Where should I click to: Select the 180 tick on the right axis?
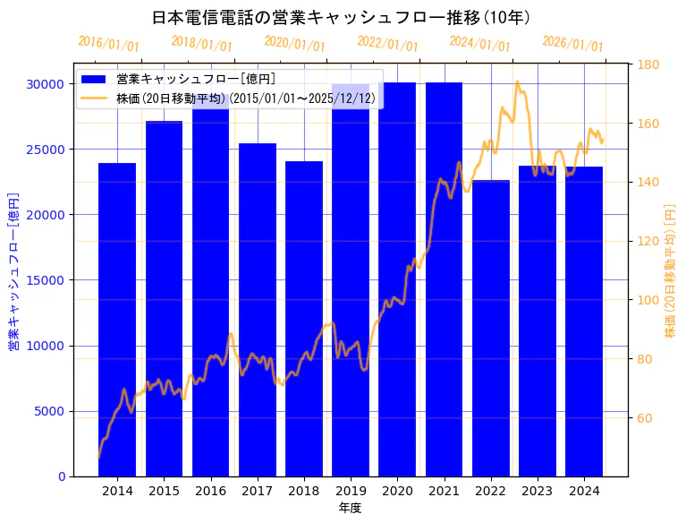coord(648,64)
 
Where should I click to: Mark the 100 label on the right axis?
coord(648,300)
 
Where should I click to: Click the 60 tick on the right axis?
coord(645,418)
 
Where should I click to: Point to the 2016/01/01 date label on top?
coord(108,44)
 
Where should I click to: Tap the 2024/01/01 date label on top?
coord(480,44)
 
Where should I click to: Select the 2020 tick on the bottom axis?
coord(397,491)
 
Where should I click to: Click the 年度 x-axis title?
coord(350,508)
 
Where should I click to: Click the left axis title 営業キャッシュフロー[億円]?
coord(13,270)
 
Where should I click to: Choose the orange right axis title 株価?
coord(670,270)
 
